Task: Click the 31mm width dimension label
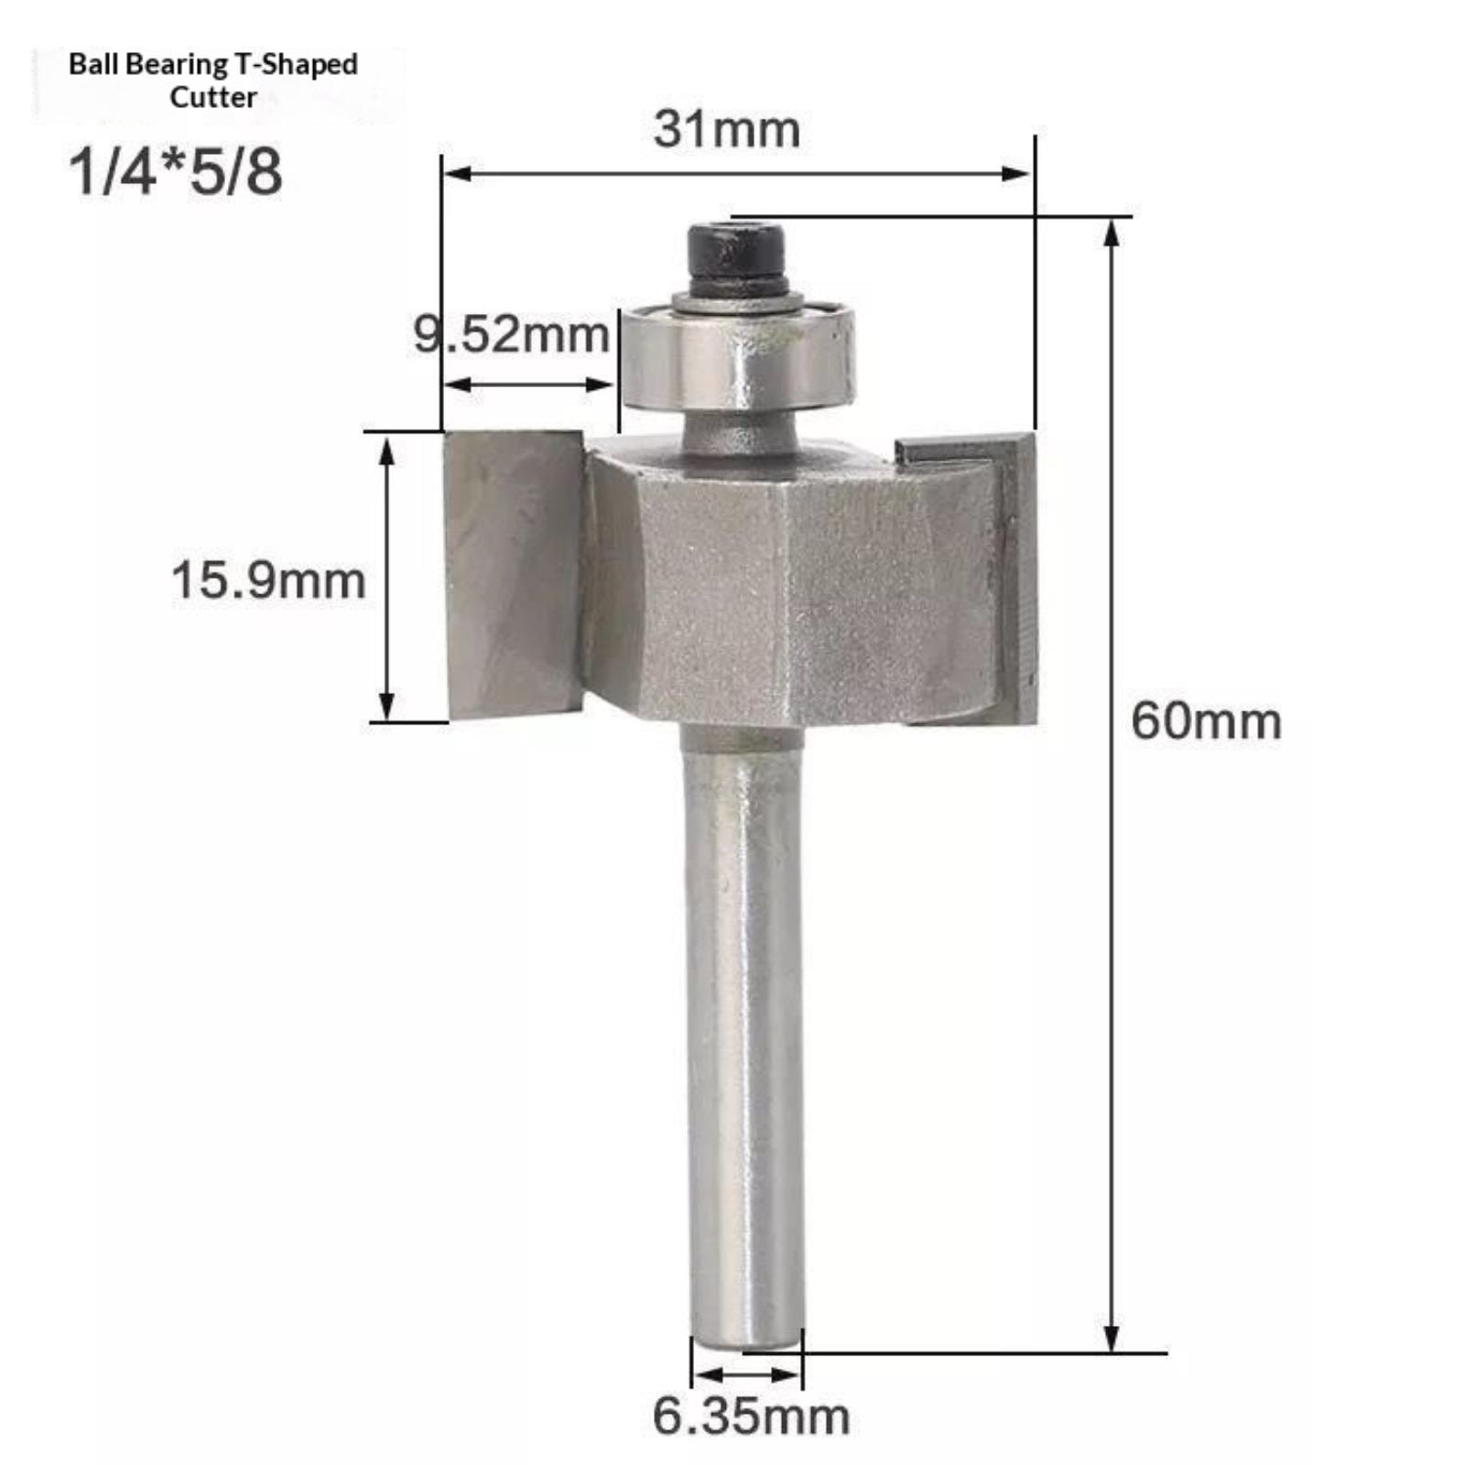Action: pyautogui.click(x=727, y=129)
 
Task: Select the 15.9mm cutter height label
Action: pyautogui.click(x=268, y=581)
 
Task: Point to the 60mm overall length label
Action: pyautogui.click(x=1206, y=722)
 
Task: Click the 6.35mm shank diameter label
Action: pyautogui.click(x=751, y=1416)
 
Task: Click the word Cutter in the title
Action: pyautogui.click(x=213, y=97)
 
